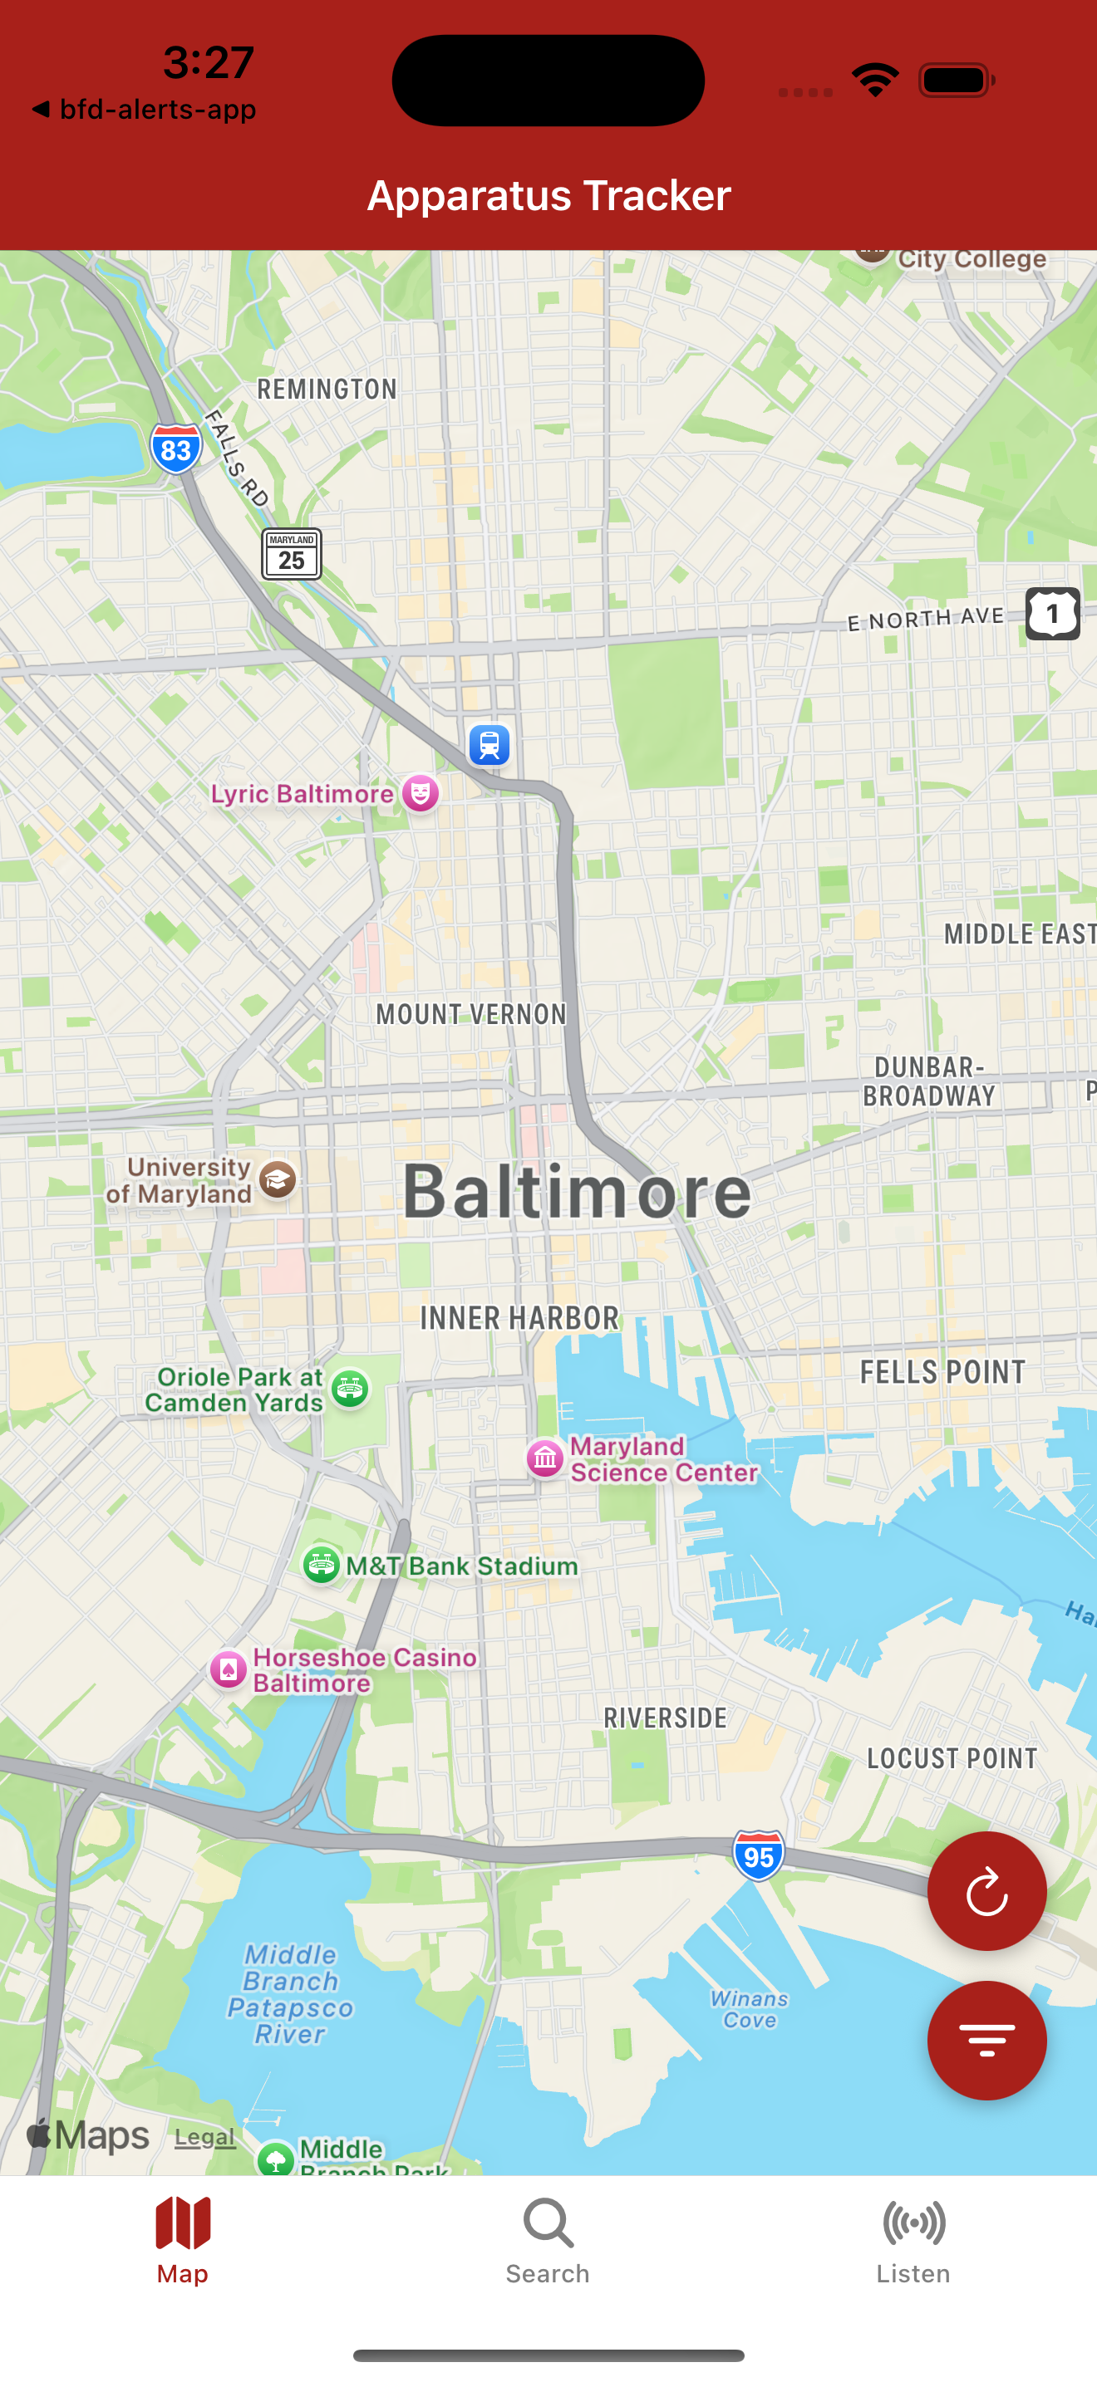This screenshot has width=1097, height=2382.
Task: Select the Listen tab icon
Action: pyautogui.click(x=913, y=2223)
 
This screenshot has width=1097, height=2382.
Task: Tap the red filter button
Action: pyautogui.click(x=986, y=2040)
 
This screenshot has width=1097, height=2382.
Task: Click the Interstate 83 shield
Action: pyautogui.click(x=175, y=449)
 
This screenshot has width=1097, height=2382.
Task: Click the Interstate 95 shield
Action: pyautogui.click(x=759, y=1855)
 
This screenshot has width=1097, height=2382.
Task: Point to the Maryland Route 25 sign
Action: pyautogui.click(x=292, y=554)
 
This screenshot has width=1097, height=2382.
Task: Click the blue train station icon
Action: pyautogui.click(x=489, y=744)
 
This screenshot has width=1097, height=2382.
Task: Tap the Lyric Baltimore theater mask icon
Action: pyautogui.click(x=421, y=793)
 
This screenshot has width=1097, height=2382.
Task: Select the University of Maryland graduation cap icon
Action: pyautogui.click(x=278, y=1180)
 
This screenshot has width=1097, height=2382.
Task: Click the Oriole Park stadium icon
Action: pyautogui.click(x=351, y=1388)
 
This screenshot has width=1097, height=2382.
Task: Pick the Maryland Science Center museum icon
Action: pyautogui.click(x=546, y=1458)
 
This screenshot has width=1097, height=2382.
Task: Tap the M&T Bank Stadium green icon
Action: pyautogui.click(x=322, y=1565)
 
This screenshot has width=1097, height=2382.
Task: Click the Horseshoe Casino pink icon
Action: pyautogui.click(x=229, y=1669)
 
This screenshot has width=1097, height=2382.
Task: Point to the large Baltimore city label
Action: pyautogui.click(x=578, y=1192)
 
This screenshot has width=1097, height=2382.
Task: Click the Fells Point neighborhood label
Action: pyautogui.click(x=942, y=1372)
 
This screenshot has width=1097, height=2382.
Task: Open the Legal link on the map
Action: pyautogui.click(x=204, y=2137)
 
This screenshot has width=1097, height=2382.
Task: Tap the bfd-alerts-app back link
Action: pyautogui.click(x=145, y=109)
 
